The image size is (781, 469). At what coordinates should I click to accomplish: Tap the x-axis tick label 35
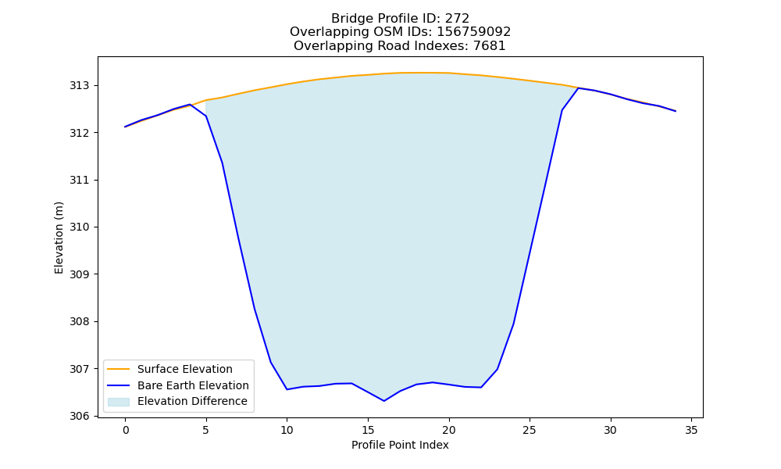(x=691, y=430)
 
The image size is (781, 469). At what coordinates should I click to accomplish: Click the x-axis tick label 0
(x=126, y=430)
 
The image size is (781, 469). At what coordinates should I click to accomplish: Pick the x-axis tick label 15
(x=368, y=430)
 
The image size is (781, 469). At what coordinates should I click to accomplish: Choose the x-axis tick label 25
(x=530, y=430)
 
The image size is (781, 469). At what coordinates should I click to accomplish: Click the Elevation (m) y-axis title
(x=59, y=238)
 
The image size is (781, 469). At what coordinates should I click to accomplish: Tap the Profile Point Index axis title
(x=400, y=445)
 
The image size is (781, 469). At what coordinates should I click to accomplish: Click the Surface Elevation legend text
(x=185, y=369)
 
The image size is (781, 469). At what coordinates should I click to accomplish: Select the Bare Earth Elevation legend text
(x=193, y=385)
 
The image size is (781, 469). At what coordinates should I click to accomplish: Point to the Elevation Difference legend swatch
(x=119, y=402)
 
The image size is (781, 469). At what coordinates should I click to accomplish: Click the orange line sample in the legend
(x=119, y=369)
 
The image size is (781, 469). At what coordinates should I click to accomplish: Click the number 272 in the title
(x=457, y=19)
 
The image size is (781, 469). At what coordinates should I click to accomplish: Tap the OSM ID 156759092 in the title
(x=474, y=32)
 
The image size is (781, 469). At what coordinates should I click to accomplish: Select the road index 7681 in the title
(x=489, y=46)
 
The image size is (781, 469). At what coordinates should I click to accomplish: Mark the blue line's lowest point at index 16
(x=384, y=401)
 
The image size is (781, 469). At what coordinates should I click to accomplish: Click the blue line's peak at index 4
(x=190, y=104)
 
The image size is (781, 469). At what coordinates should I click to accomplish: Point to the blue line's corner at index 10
(x=287, y=389)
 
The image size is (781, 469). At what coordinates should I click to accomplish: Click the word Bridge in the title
(x=348, y=19)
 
